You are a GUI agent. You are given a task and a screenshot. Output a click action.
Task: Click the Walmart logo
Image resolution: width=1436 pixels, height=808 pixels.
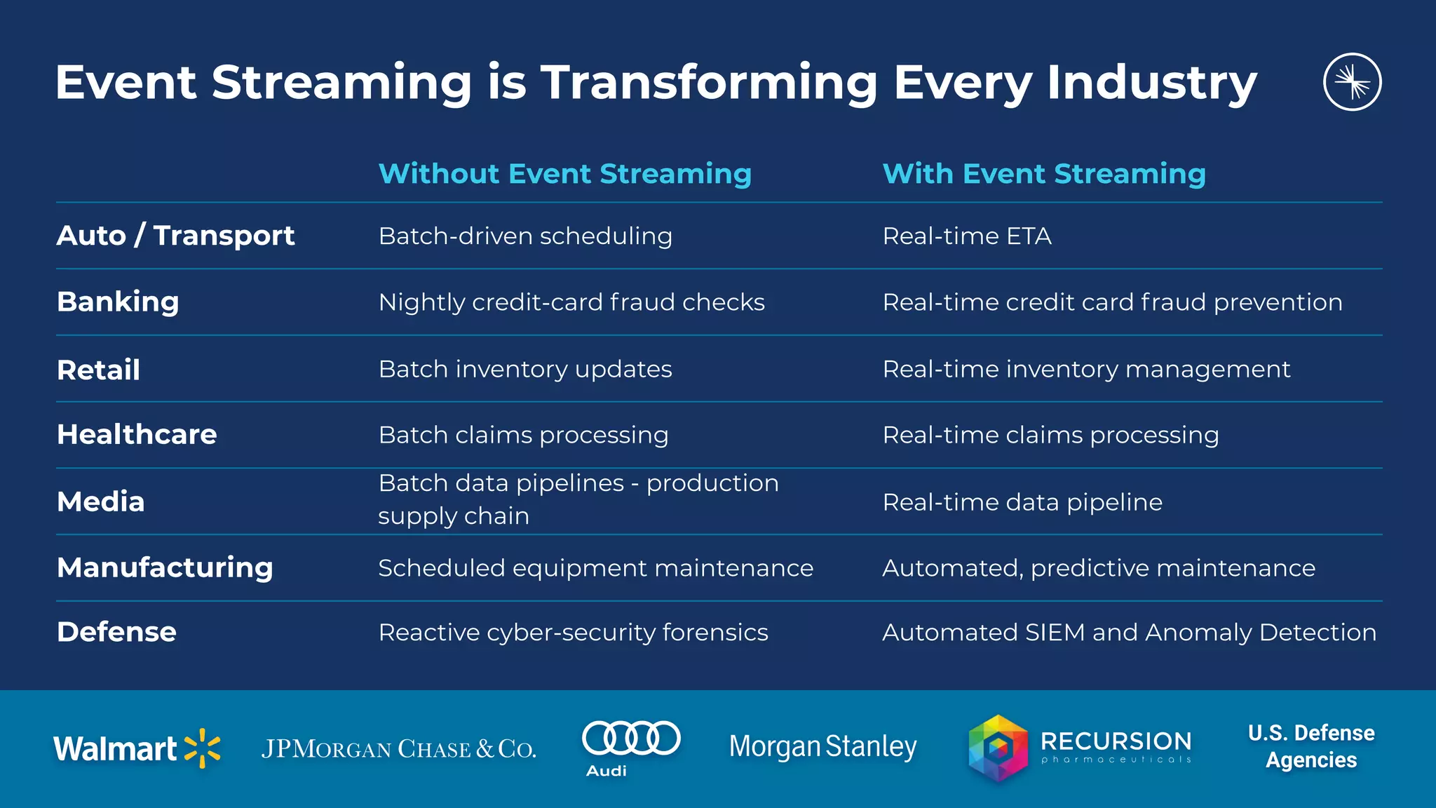point(137,748)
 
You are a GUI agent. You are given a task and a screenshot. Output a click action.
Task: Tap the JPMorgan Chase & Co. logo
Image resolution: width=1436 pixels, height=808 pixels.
point(398,749)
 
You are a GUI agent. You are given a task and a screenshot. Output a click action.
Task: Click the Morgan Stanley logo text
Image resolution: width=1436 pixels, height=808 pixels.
point(822,747)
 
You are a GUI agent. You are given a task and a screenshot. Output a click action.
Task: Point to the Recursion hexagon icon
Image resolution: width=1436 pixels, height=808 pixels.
point(998,748)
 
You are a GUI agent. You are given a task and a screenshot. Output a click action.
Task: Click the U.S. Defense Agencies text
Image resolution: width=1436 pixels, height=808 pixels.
point(1311,746)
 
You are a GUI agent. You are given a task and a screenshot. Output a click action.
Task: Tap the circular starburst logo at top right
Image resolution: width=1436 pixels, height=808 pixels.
point(1352,82)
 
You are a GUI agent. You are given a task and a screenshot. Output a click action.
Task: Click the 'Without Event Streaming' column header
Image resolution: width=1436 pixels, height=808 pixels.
point(564,173)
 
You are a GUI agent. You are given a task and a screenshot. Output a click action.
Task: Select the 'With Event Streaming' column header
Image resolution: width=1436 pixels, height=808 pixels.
point(1044,173)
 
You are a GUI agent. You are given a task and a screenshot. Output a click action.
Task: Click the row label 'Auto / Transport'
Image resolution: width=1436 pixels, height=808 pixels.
point(175,236)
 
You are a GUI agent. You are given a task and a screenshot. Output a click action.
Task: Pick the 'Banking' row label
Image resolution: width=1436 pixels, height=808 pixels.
point(118,302)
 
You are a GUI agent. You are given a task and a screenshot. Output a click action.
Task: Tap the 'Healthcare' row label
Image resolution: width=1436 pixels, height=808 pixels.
point(137,435)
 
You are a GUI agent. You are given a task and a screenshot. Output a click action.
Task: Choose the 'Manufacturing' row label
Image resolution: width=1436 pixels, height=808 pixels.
point(165,567)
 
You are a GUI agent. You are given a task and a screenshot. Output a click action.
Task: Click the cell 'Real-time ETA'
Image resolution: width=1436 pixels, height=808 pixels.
point(967,236)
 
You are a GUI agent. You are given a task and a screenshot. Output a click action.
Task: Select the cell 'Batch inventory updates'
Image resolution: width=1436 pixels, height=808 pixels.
point(525,369)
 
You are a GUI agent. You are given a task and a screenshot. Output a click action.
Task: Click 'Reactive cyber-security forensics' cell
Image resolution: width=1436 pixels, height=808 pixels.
point(573,633)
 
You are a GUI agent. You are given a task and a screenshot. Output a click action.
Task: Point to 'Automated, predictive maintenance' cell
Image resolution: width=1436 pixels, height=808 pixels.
point(1099,568)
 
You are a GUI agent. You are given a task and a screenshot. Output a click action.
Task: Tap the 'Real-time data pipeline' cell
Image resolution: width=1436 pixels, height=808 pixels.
point(1022,502)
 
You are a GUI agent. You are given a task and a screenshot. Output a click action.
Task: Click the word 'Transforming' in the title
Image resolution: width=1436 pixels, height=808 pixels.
point(708,83)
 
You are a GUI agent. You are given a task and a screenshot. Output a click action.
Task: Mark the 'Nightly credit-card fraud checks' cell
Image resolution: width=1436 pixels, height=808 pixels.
point(571,302)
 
